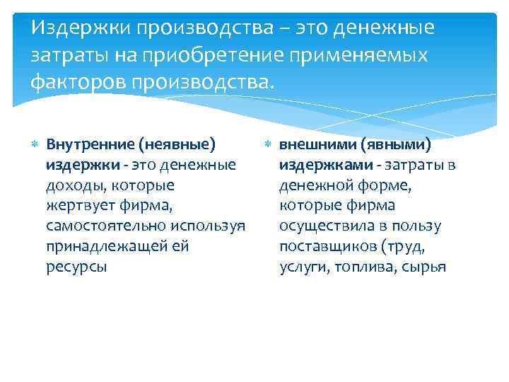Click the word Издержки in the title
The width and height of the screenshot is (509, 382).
[x=81, y=28]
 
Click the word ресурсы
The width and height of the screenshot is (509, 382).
[x=76, y=267]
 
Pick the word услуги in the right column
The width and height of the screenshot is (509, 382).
[x=301, y=267]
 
